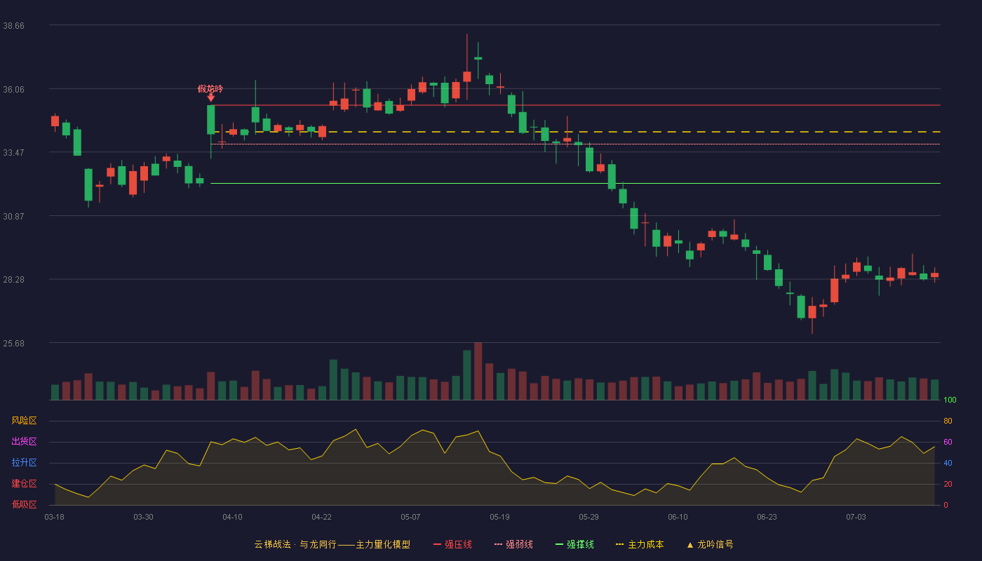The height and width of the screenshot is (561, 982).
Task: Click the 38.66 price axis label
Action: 13,26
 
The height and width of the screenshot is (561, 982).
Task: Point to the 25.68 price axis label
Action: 13,343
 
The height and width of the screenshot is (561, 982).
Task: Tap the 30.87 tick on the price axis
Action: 13,217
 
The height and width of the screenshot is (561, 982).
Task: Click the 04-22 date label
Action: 321,518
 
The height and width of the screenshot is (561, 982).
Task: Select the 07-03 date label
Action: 856,518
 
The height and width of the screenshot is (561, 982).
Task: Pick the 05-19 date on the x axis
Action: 499,518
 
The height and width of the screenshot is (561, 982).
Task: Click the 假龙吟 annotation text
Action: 210,89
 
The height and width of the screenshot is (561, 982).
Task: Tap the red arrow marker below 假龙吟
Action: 211,97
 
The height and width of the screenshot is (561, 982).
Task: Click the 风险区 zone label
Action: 24,421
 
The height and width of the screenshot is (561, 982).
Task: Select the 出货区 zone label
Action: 24,441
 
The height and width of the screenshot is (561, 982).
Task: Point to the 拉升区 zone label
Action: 24,462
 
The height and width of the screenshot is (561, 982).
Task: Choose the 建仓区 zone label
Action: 24,483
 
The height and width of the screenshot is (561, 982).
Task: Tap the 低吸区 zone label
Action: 24,504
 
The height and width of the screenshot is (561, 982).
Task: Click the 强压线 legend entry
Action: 452,544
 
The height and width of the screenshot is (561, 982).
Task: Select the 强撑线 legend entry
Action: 574,544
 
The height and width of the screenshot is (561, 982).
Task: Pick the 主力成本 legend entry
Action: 640,544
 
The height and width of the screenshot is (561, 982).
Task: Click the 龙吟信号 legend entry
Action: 710,544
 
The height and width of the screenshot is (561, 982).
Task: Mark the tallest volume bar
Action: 478,371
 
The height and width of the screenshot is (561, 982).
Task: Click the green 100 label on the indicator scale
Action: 950,400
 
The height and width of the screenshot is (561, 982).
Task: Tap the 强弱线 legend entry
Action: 513,544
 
